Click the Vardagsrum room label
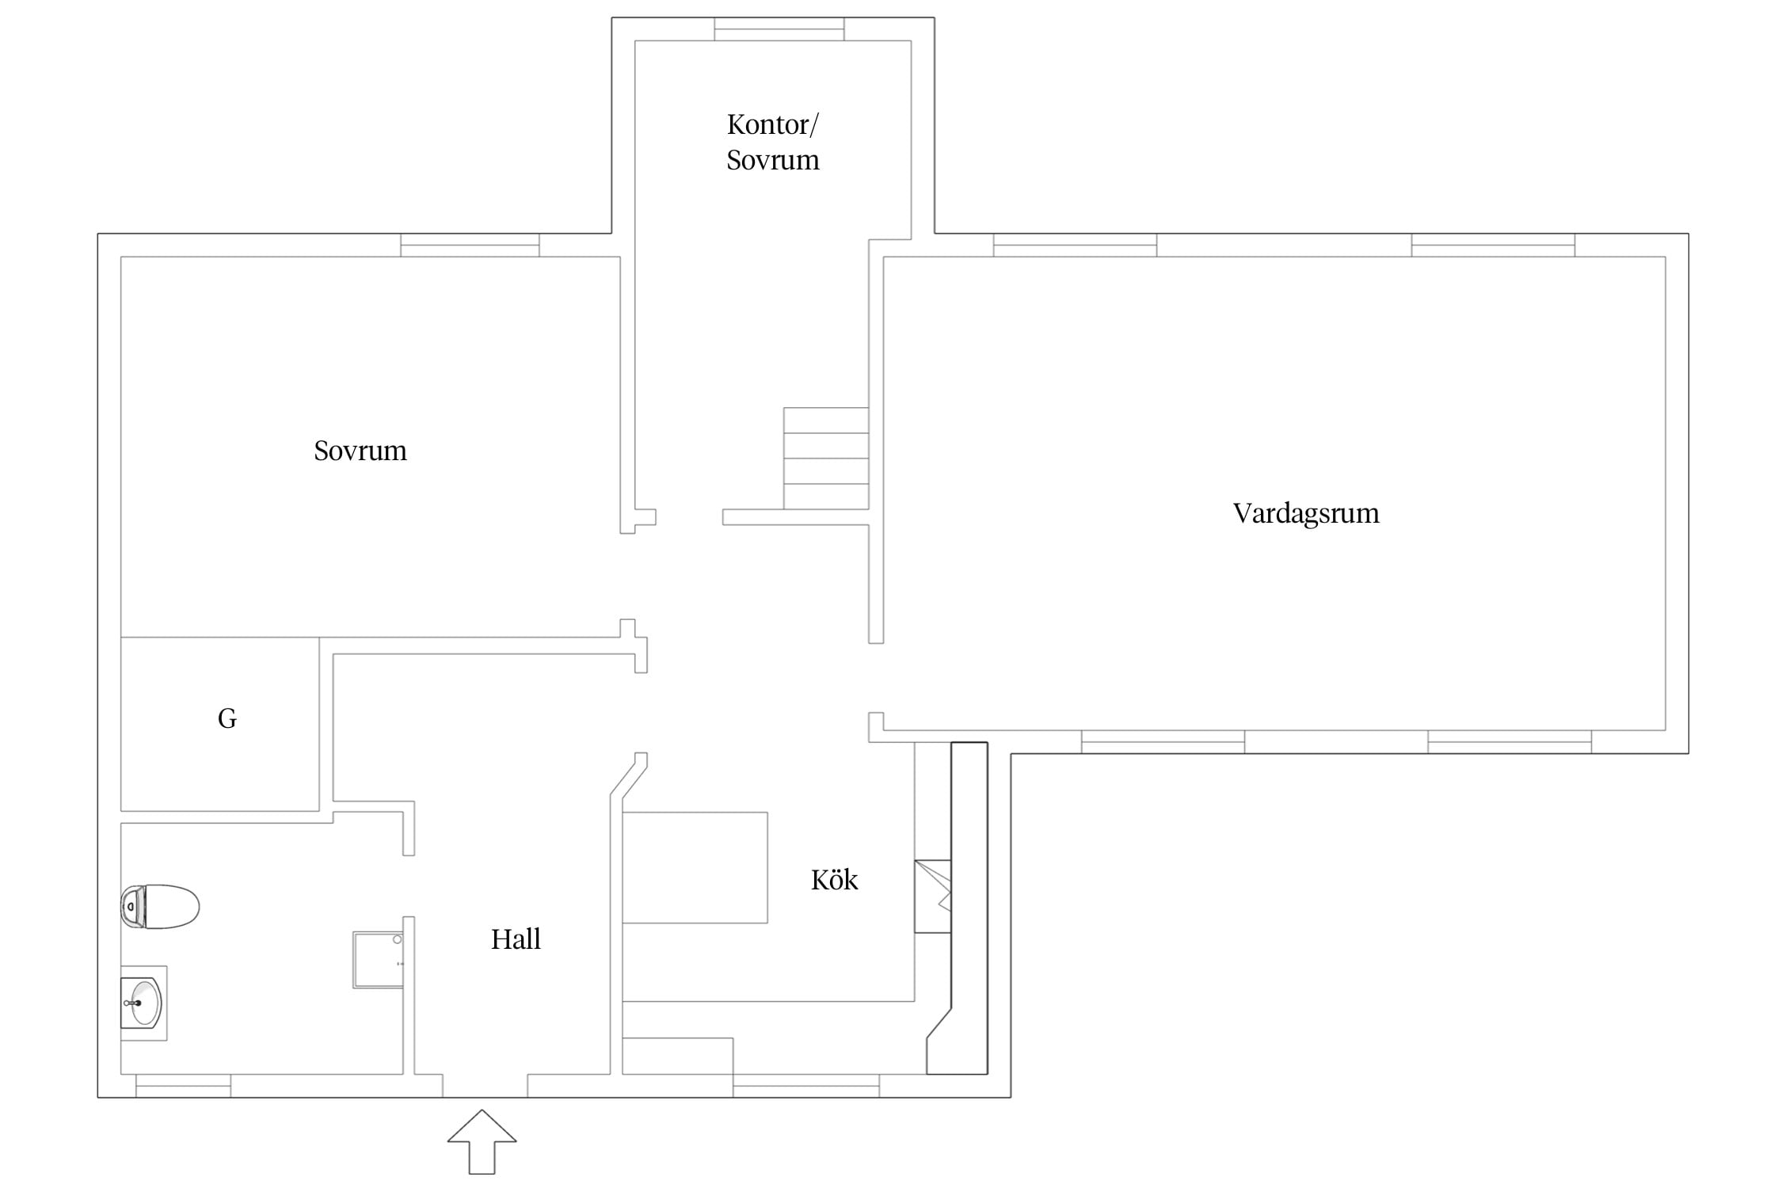tap(1306, 514)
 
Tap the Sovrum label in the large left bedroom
tap(360, 451)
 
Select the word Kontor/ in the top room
tap(773, 125)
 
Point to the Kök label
tap(835, 879)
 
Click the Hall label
tap(516, 939)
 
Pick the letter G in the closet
tap(227, 718)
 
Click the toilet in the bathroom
tap(160, 906)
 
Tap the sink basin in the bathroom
tap(143, 1003)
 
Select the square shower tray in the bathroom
tap(378, 960)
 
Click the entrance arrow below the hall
tap(482, 1141)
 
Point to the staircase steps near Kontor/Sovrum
tap(826, 459)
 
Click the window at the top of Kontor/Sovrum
tap(779, 29)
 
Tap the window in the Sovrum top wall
tap(470, 246)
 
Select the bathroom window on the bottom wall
tap(183, 1086)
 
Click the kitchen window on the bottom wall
tap(806, 1086)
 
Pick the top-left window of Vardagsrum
tap(1075, 246)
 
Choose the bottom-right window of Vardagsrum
tap(1510, 742)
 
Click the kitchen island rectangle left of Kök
tap(695, 867)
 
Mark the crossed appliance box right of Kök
tap(933, 897)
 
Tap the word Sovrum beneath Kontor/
tap(773, 160)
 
